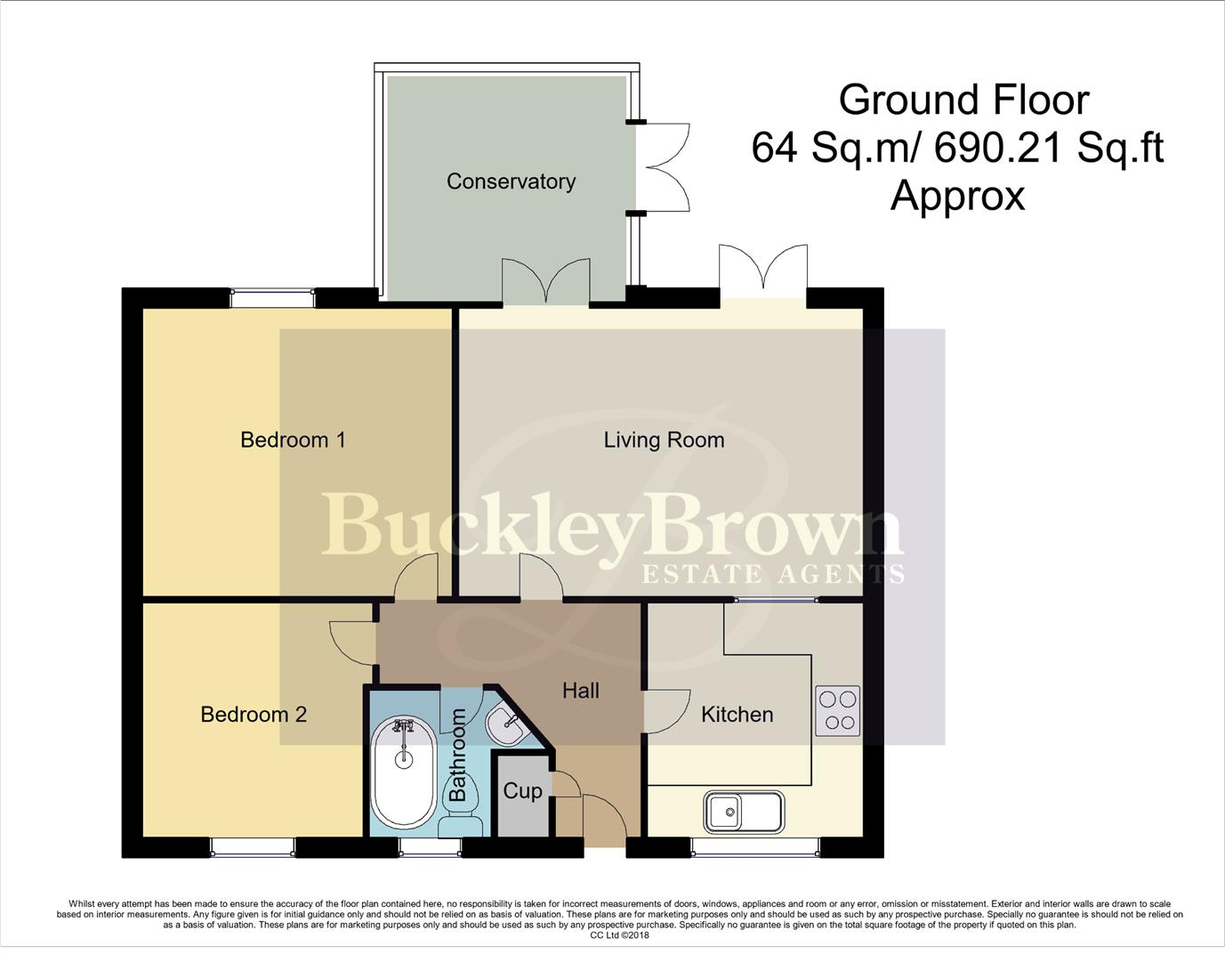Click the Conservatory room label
511,182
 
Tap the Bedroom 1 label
293,440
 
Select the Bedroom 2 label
254,715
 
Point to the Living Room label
664,440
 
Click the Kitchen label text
737,715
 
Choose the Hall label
580,691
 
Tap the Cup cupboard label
522,791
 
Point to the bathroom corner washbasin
509,724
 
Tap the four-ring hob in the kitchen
837,711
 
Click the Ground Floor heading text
963,100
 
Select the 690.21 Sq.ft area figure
1050,147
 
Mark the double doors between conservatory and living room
545,283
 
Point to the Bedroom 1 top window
272,297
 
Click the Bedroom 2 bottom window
253,848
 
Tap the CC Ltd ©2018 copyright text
619,935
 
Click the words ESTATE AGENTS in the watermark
772,574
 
